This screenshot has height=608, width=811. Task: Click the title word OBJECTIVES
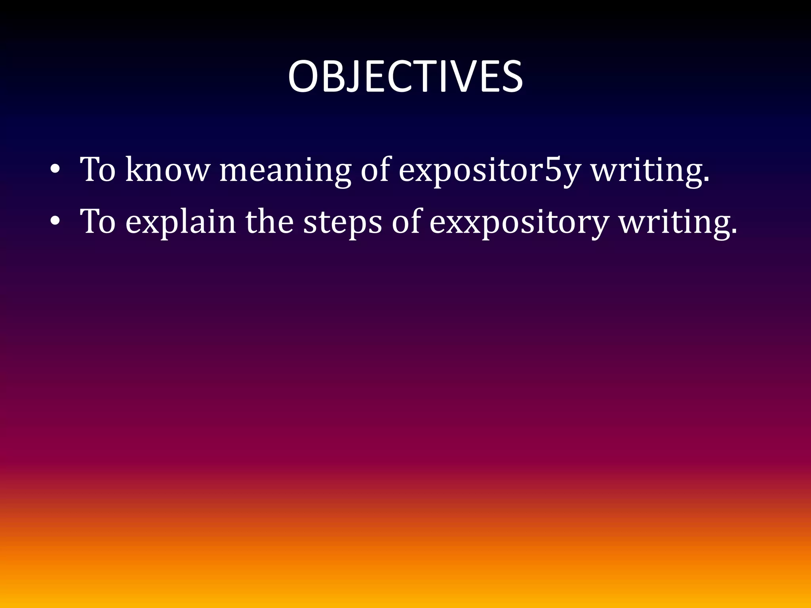coord(405,77)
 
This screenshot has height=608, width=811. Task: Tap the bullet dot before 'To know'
coord(55,170)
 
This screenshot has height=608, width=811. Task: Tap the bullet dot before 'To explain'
coord(55,222)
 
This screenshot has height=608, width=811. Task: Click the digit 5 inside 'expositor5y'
coord(553,169)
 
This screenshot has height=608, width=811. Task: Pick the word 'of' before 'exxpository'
coord(406,222)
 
